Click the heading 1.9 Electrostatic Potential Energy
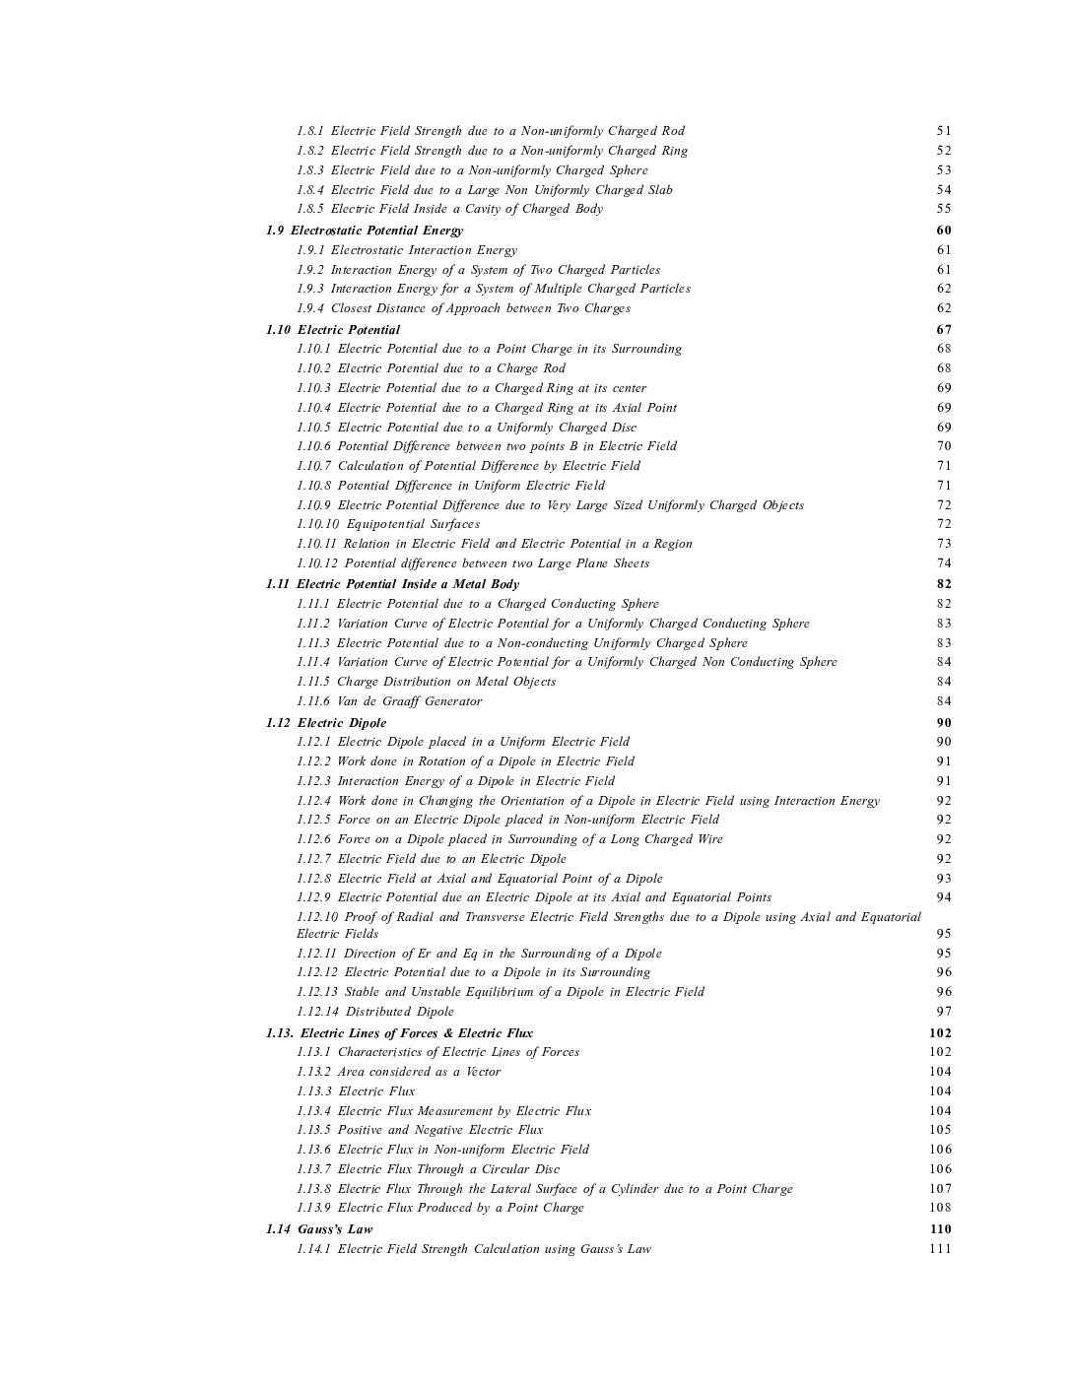click(364, 231)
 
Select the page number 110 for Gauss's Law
click(940, 1229)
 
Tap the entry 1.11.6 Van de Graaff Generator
click(389, 701)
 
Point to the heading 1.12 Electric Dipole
click(326, 723)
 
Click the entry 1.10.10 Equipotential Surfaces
click(388, 524)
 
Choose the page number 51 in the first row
click(944, 131)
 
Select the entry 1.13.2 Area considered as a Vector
click(398, 1072)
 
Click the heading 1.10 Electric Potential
click(333, 330)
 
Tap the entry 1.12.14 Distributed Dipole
click(375, 1012)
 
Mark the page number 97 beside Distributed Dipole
click(944, 1012)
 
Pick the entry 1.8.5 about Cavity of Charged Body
click(449, 209)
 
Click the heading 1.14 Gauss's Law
click(319, 1229)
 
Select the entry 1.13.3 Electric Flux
click(356, 1091)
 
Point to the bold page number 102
click(940, 1033)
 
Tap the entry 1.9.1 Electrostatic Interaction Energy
click(406, 250)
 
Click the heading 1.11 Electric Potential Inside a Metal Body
click(392, 584)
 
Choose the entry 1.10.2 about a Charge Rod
click(431, 368)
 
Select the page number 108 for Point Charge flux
click(940, 1208)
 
